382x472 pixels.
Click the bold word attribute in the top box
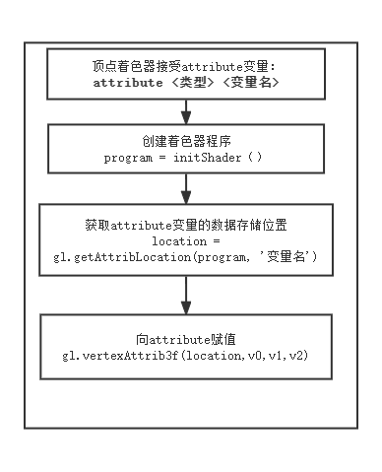pos(128,84)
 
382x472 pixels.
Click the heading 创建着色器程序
pos(185,141)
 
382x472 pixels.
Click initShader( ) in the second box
pos(225,158)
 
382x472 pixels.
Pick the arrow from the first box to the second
pos(185,110)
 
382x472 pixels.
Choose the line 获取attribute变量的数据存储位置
pos(185,224)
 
